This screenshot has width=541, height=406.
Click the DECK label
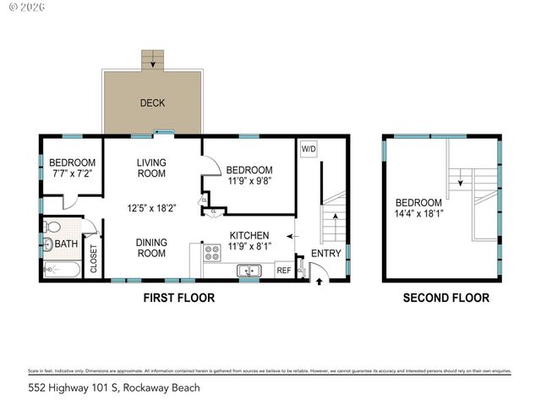(153, 104)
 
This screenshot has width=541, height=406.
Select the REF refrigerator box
(283, 271)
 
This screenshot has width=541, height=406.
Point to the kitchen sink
(249, 271)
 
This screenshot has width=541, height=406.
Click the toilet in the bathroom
(54, 227)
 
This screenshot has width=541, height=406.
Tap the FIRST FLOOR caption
(178, 298)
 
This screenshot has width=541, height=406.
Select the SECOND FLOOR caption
(445, 298)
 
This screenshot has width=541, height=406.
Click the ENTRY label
(326, 254)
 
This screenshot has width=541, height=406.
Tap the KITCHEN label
(249, 235)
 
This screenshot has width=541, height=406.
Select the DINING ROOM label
(151, 247)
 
